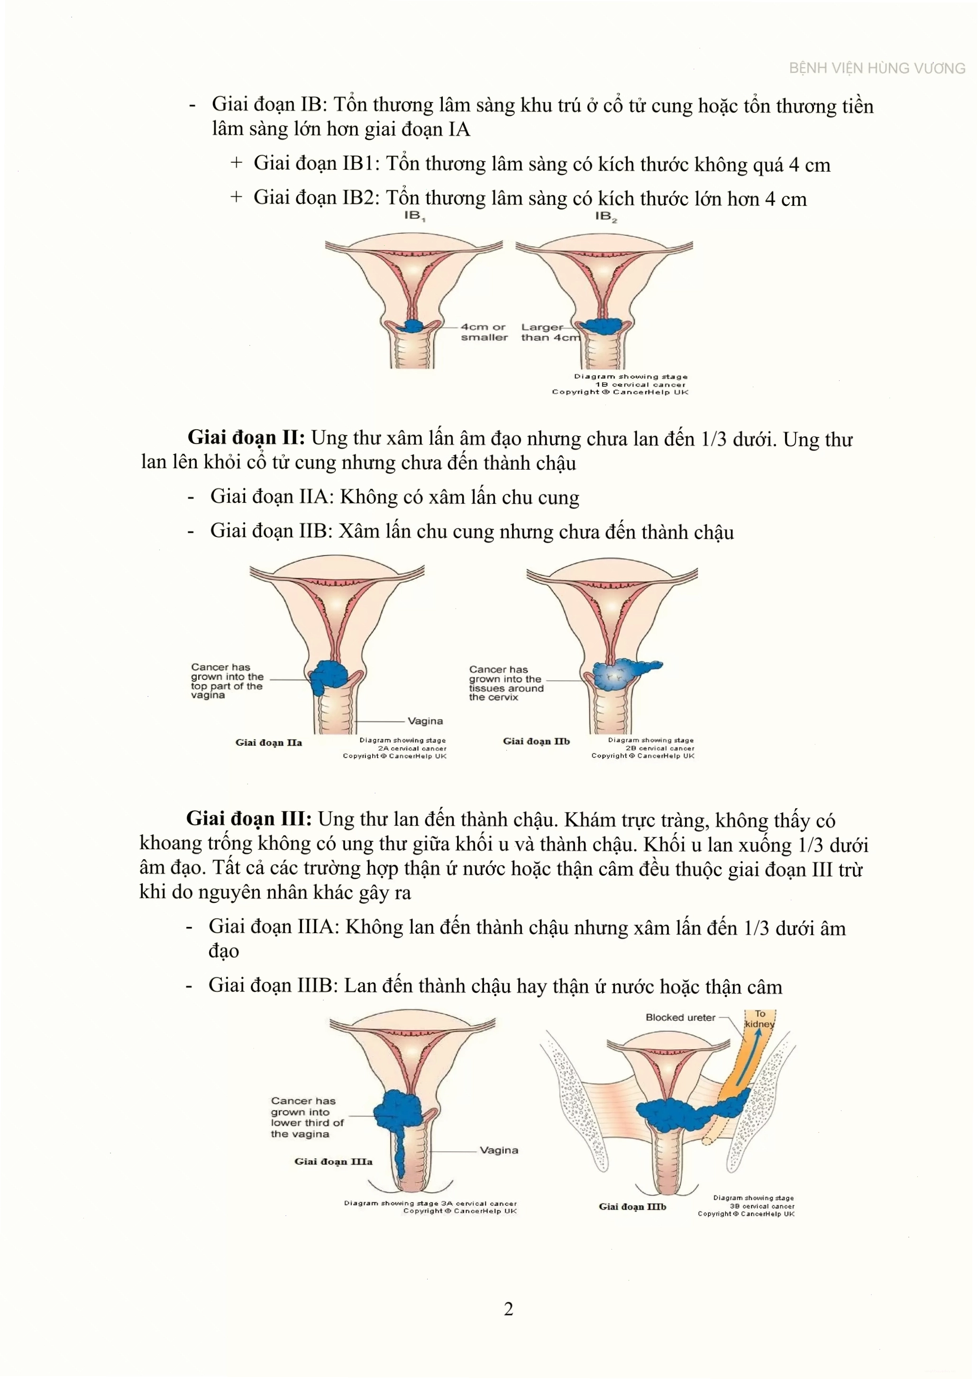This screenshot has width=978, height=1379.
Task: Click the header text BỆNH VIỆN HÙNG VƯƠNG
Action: pyautogui.click(x=877, y=68)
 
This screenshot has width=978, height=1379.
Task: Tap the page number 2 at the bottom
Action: pyautogui.click(x=508, y=1308)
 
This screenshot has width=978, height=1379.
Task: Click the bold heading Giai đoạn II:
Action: pyautogui.click(x=247, y=438)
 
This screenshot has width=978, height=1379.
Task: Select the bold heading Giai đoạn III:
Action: pyautogui.click(x=249, y=819)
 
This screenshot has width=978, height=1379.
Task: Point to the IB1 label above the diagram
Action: pyautogui.click(x=414, y=216)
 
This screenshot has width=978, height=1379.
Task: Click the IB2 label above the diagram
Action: pyautogui.click(x=606, y=216)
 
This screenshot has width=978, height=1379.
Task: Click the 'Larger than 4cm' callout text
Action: pyautogui.click(x=550, y=332)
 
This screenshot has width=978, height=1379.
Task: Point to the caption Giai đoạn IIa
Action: pyautogui.click(x=269, y=742)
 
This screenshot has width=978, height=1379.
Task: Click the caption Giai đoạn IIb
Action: pyautogui.click(x=536, y=741)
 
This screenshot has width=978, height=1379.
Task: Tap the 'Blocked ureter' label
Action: pyautogui.click(x=680, y=1018)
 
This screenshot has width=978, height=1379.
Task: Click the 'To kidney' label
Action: pyautogui.click(x=760, y=1019)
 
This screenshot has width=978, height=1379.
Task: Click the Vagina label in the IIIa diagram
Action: pyautogui.click(x=499, y=1150)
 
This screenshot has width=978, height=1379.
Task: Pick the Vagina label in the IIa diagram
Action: pyautogui.click(x=425, y=721)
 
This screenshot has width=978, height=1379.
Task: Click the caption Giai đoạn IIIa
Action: pyautogui.click(x=333, y=1162)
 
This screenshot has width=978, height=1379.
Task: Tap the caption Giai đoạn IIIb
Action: pyautogui.click(x=632, y=1206)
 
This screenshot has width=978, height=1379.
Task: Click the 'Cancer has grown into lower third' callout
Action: pyautogui.click(x=307, y=1117)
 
